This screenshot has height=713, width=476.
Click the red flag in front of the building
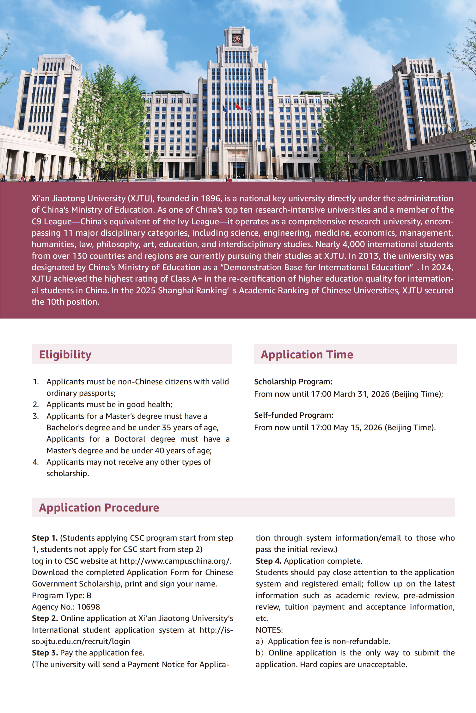coord(238,107)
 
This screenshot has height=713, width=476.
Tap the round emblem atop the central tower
coord(237,39)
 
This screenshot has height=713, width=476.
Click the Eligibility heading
coord(65,354)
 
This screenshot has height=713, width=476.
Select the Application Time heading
coord(307,354)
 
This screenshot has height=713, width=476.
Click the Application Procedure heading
coord(99,507)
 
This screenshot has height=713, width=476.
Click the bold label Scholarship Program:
coord(293,381)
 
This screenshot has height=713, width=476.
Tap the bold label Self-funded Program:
coord(294,415)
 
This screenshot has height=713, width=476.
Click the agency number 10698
coord(88,607)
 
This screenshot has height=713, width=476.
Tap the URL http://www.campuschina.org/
coord(175,561)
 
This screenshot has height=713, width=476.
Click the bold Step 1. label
coord(45,538)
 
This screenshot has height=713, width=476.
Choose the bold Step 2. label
coord(45,618)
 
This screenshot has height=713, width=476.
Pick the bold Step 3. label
coord(45,653)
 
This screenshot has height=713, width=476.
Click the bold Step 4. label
coord(268,561)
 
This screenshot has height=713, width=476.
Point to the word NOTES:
coord(269,630)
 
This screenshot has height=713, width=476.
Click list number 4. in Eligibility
coord(36,462)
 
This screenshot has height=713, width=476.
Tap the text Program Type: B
coord(62,595)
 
